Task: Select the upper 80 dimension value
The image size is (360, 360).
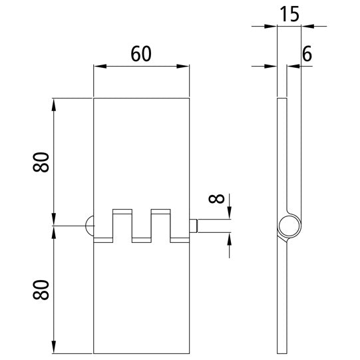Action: (42, 162)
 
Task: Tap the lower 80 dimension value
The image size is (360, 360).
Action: (42, 289)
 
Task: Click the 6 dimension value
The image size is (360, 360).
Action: (307, 55)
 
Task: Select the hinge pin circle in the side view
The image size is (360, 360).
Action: (288, 226)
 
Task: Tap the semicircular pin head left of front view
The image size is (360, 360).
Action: (89, 226)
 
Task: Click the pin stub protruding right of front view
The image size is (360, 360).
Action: (194, 226)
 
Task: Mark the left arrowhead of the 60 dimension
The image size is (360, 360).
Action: (97, 67)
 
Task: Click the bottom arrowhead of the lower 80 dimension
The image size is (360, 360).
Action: (53, 349)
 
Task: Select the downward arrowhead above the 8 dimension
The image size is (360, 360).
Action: (229, 214)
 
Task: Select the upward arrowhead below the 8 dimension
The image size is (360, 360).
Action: (229, 238)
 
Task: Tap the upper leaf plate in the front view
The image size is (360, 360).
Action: (140, 153)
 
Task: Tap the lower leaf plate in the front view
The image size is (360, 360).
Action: (140, 299)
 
